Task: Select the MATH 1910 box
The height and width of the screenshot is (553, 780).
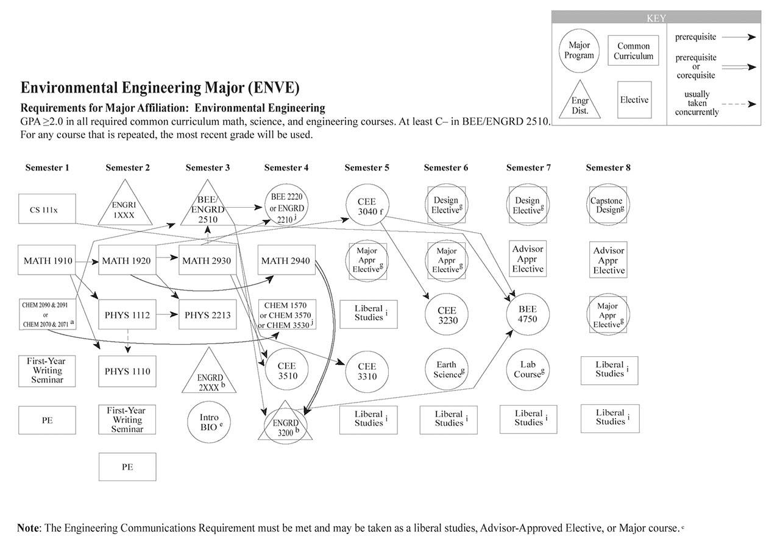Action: (48, 261)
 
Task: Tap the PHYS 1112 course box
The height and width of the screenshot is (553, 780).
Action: (127, 315)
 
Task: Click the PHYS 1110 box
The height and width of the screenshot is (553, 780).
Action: (127, 371)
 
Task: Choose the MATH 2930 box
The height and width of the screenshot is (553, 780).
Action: (207, 261)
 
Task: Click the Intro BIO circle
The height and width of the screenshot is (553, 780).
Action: (208, 422)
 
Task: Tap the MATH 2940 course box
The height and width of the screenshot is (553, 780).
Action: (286, 261)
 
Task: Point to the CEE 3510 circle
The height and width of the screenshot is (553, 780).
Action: (286, 370)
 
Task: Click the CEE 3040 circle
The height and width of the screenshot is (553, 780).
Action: (367, 206)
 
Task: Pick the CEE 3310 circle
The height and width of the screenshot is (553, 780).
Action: (367, 371)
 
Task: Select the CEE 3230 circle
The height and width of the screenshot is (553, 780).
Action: (447, 315)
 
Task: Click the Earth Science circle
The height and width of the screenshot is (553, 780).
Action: (447, 370)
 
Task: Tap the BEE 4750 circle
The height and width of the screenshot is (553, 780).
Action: (528, 314)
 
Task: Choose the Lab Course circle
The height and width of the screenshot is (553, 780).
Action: (528, 369)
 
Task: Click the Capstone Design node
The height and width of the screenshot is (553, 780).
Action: (609, 205)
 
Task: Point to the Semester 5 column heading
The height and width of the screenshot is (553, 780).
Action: (367, 167)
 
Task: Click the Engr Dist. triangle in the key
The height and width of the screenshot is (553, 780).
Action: (579, 102)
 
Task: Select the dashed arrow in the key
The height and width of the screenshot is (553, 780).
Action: (740, 104)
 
